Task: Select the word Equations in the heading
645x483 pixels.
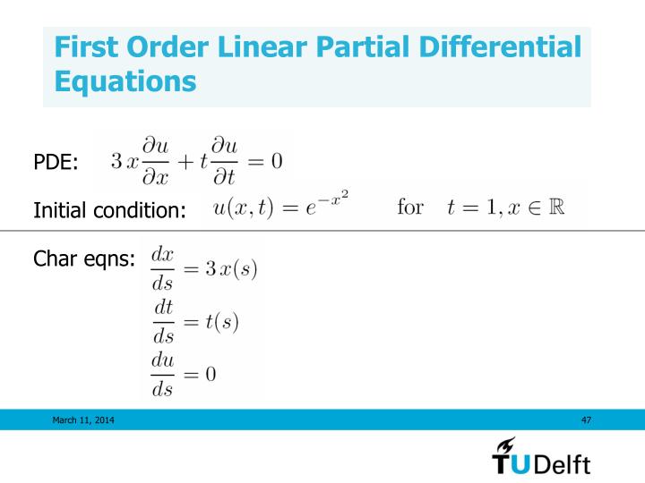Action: [125, 81]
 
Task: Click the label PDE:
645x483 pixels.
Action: [56, 162]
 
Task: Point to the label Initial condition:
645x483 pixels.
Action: [109, 211]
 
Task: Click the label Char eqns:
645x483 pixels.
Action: [84, 259]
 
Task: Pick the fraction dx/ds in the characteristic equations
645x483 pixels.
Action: [164, 270]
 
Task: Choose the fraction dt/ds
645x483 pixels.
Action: [164, 321]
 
